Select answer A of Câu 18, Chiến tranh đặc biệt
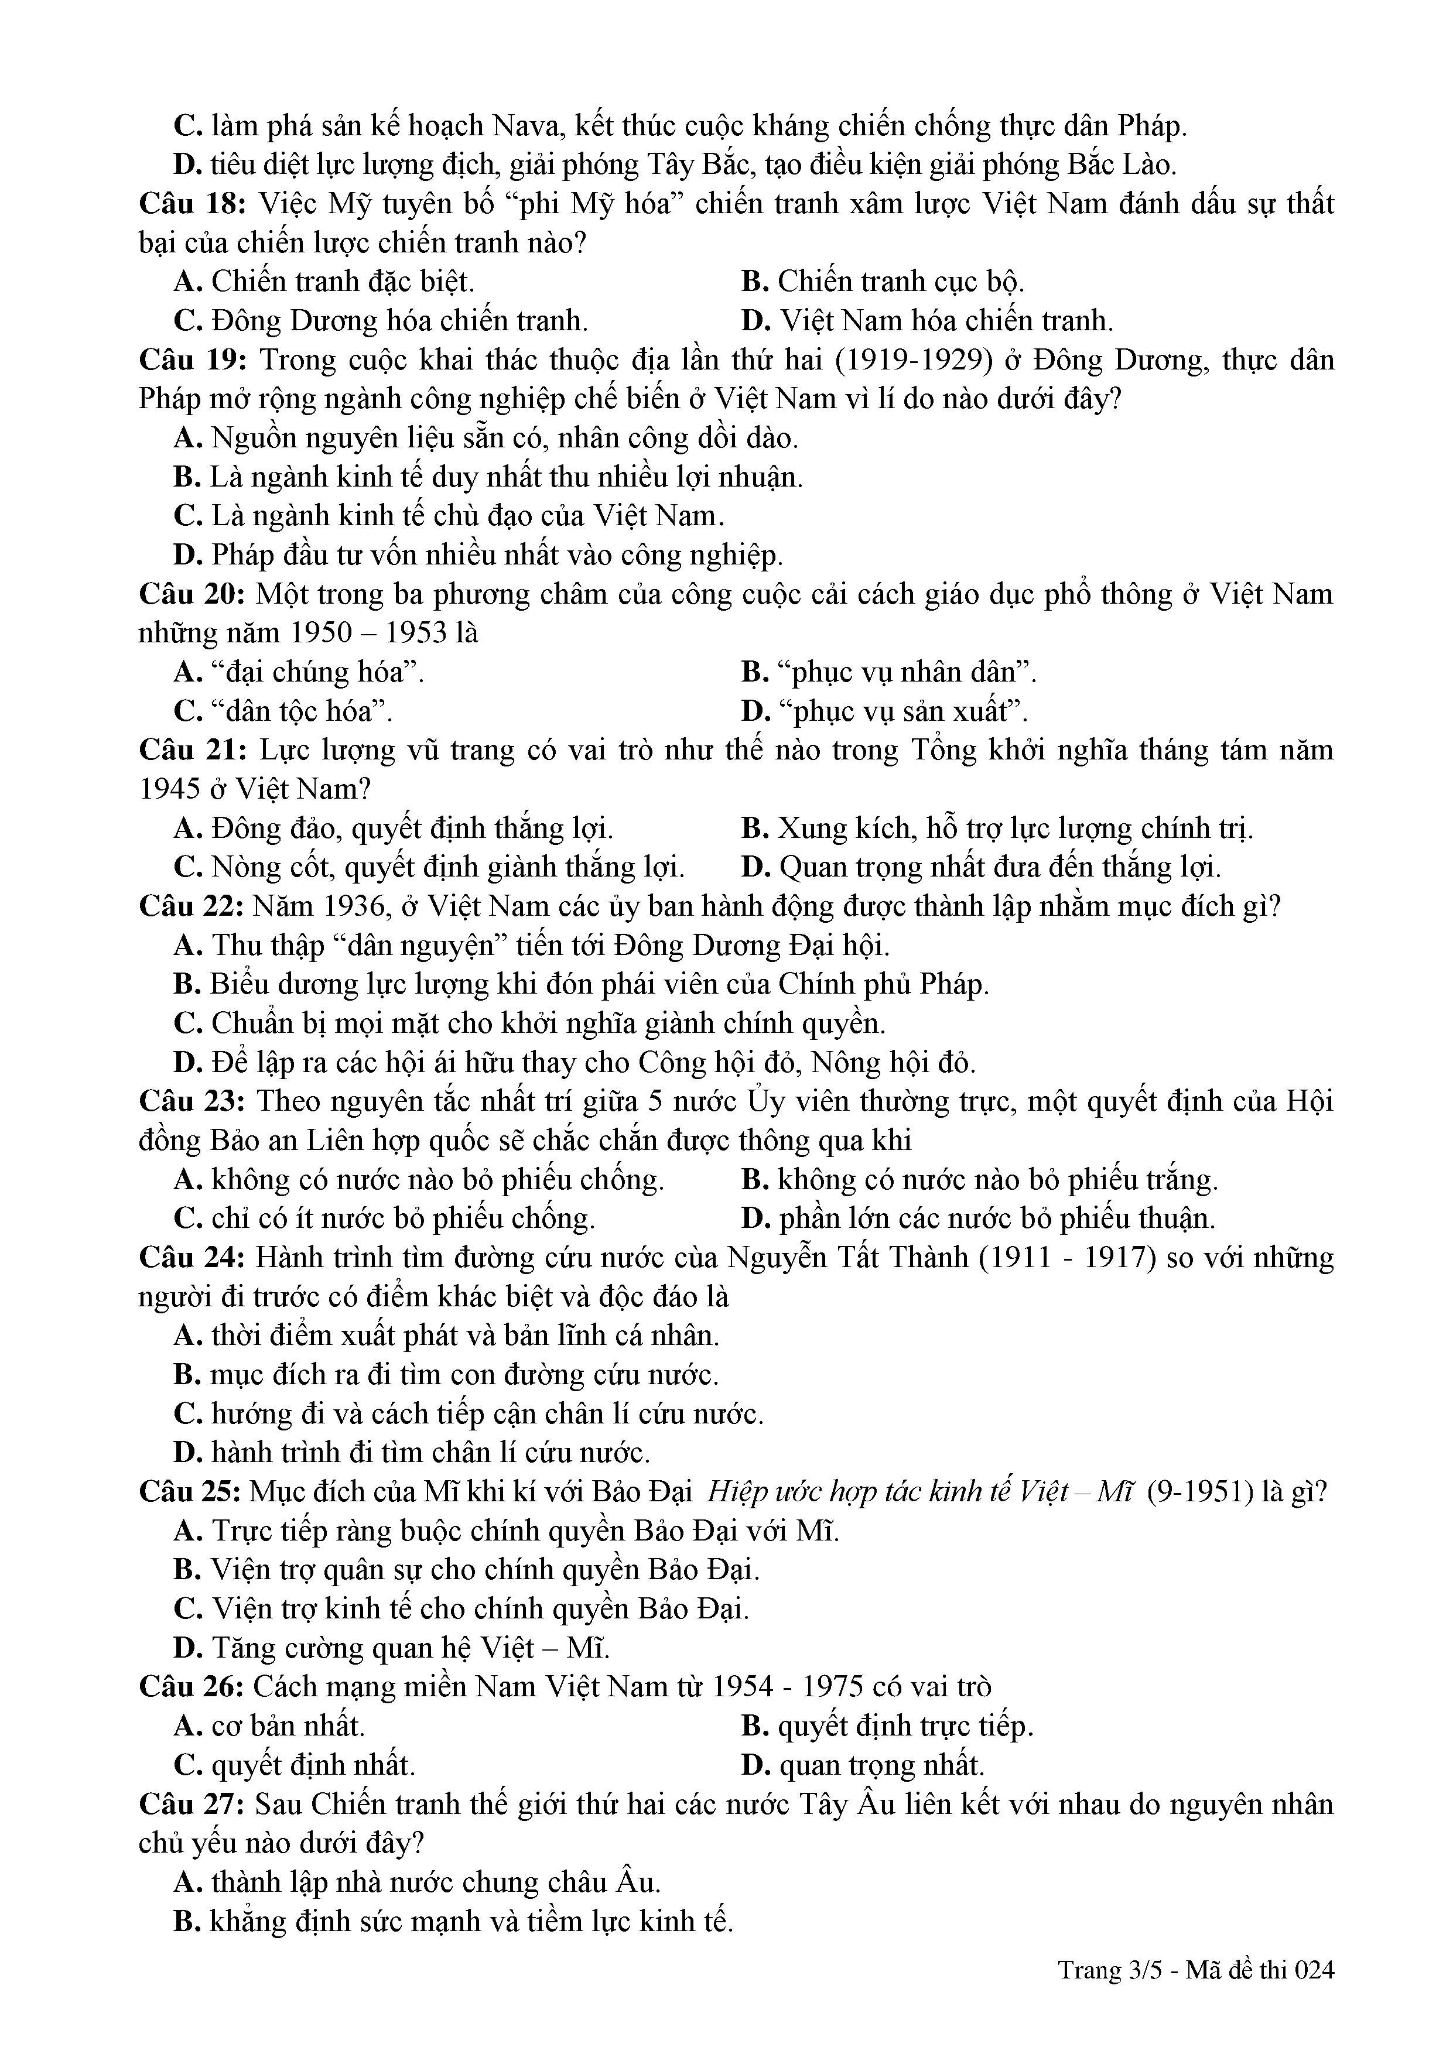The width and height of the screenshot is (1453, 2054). coord(324,282)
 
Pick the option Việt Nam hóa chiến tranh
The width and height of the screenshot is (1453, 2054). coord(927,320)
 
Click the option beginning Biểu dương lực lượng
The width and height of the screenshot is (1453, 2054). coord(582,984)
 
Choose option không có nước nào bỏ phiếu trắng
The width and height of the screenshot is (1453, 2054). coord(980,1180)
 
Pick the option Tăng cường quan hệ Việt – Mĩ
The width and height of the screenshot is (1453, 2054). coord(392,1648)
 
